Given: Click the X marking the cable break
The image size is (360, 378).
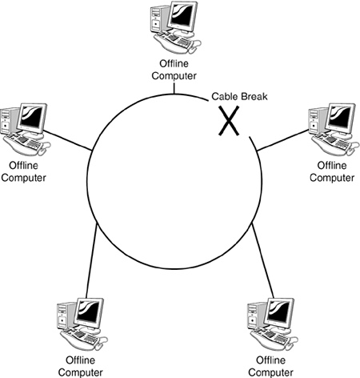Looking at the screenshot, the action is pyautogui.click(x=229, y=121).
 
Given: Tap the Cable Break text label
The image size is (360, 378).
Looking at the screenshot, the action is pyautogui.click(x=239, y=96).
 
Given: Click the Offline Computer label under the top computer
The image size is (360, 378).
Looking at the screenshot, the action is pyautogui.click(x=174, y=70).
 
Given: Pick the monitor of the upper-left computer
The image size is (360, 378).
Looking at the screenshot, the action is pyautogui.click(x=32, y=118).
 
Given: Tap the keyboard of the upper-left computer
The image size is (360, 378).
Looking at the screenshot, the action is pyautogui.click(x=26, y=143).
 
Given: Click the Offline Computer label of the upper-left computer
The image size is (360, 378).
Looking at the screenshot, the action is pyautogui.click(x=23, y=171).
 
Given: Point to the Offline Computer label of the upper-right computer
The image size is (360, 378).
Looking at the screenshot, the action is pyautogui.click(x=332, y=171).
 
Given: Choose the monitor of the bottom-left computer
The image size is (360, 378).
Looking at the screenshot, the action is pyautogui.click(x=89, y=312).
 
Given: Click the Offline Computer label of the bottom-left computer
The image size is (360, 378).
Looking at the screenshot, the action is pyautogui.click(x=80, y=366).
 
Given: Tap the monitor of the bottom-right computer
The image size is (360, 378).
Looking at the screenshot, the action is pyautogui.click(x=279, y=312).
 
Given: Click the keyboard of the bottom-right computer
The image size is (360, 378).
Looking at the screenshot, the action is pyautogui.click(x=273, y=338).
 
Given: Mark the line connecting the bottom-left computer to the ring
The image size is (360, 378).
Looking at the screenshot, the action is pyautogui.click(x=91, y=262).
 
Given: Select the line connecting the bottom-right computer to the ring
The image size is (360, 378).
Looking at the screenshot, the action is pyautogui.click(x=262, y=260).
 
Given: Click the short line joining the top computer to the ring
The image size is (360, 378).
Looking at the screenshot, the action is pyautogui.click(x=174, y=88).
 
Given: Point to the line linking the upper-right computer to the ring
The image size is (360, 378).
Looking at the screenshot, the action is pyautogui.click(x=282, y=140).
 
